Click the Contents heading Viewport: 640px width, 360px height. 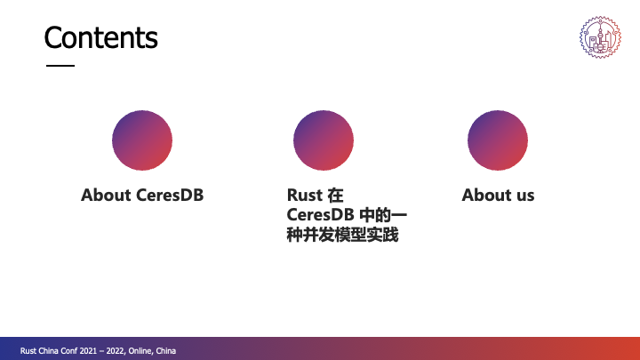[x=100, y=37]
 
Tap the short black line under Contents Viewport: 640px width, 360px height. [x=60, y=65]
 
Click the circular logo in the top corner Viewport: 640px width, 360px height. [x=600, y=37]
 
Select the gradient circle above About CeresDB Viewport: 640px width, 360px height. [x=142, y=140]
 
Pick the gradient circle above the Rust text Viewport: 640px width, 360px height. [x=324, y=140]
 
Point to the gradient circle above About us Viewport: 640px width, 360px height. [x=498, y=140]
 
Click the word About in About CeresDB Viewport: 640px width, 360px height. [x=106, y=195]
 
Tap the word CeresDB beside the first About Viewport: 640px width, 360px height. [x=170, y=195]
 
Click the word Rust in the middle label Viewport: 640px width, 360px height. [x=305, y=195]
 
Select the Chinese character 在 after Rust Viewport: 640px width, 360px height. [x=335, y=195]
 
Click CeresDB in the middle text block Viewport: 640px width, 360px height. [x=320, y=215]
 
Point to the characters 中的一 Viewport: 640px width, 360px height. [x=383, y=215]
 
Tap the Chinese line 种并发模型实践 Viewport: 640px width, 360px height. [x=342, y=235]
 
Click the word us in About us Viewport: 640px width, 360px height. [x=525, y=195]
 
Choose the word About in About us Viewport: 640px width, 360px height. [x=487, y=195]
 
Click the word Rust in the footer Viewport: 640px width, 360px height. [x=28, y=351]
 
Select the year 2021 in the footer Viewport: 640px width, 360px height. [x=88, y=351]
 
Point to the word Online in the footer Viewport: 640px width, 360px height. [x=140, y=351]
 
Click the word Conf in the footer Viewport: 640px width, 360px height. [x=69, y=351]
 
